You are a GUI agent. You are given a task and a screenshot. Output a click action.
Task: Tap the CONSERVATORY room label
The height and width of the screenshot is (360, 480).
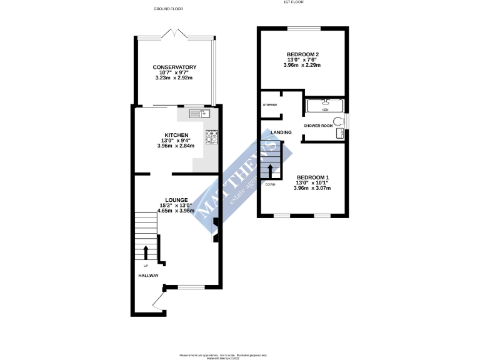click(x=175, y=67)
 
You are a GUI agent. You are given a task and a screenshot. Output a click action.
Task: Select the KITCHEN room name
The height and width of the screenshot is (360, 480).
click(x=176, y=134)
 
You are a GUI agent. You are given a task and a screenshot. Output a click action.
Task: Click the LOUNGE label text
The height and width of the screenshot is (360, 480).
click(x=176, y=200)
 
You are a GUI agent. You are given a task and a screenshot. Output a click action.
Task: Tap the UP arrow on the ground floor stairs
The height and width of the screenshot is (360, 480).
click(x=146, y=252)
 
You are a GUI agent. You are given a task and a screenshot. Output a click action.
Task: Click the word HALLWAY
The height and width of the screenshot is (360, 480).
click(x=148, y=276)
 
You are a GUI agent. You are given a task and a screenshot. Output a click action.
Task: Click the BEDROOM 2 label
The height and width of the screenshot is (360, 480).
click(x=302, y=53)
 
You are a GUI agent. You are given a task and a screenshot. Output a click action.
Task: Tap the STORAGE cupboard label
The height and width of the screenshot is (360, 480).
click(x=270, y=104)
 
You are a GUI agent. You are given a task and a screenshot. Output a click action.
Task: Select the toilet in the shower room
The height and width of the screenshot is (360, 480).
click(x=338, y=121)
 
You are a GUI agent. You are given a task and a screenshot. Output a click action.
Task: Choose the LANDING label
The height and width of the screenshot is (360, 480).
click(x=281, y=132)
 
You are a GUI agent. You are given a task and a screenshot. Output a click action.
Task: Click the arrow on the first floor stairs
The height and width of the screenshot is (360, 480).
click(x=270, y=171)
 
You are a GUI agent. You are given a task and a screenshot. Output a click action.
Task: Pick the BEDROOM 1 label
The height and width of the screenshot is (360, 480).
click(x=312, y=177)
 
